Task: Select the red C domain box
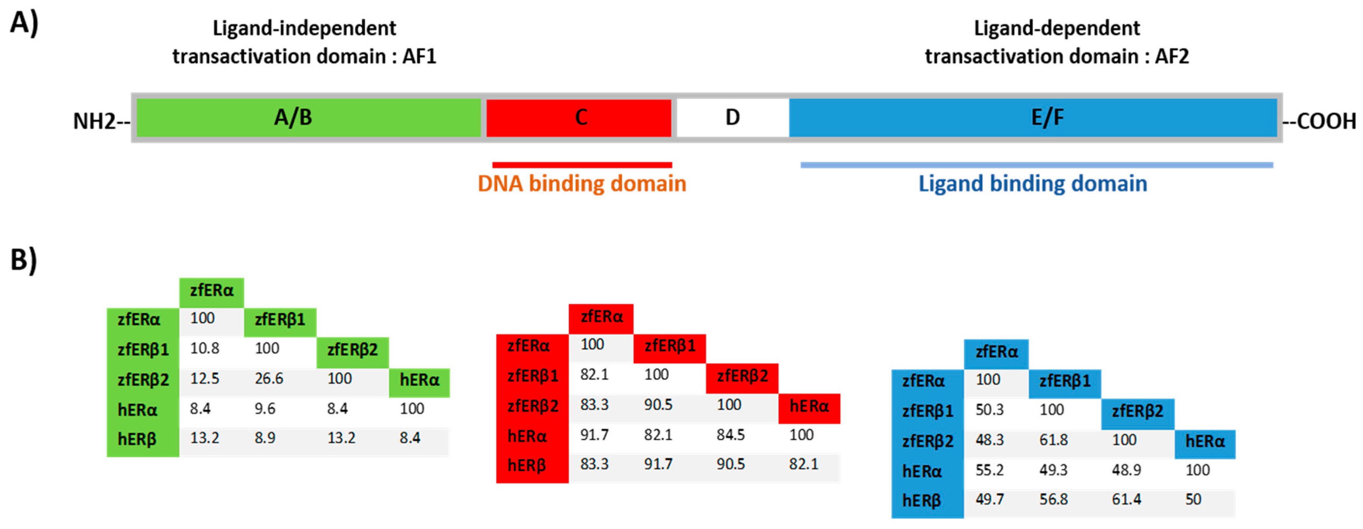click(x=579, y=118)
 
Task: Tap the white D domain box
click(x=732, y=118)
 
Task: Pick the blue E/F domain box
click(x=1033, y=118)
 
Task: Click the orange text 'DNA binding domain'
click(x=581, y=184)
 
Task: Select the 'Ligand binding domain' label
click(x=1032, y=184)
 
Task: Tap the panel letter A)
click(x=24, y=24)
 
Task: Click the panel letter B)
click(x=24, y=260)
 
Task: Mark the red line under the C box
click(x=582, y=165)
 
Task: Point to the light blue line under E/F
click(x=1037, y=165)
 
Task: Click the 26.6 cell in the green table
click(x=269, y=379)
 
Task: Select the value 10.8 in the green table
click(x=204, y=349)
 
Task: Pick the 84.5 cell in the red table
click(x=730, y=435)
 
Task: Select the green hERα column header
click(x=419, y=381)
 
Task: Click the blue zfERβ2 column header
click(x=1137, y=411)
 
